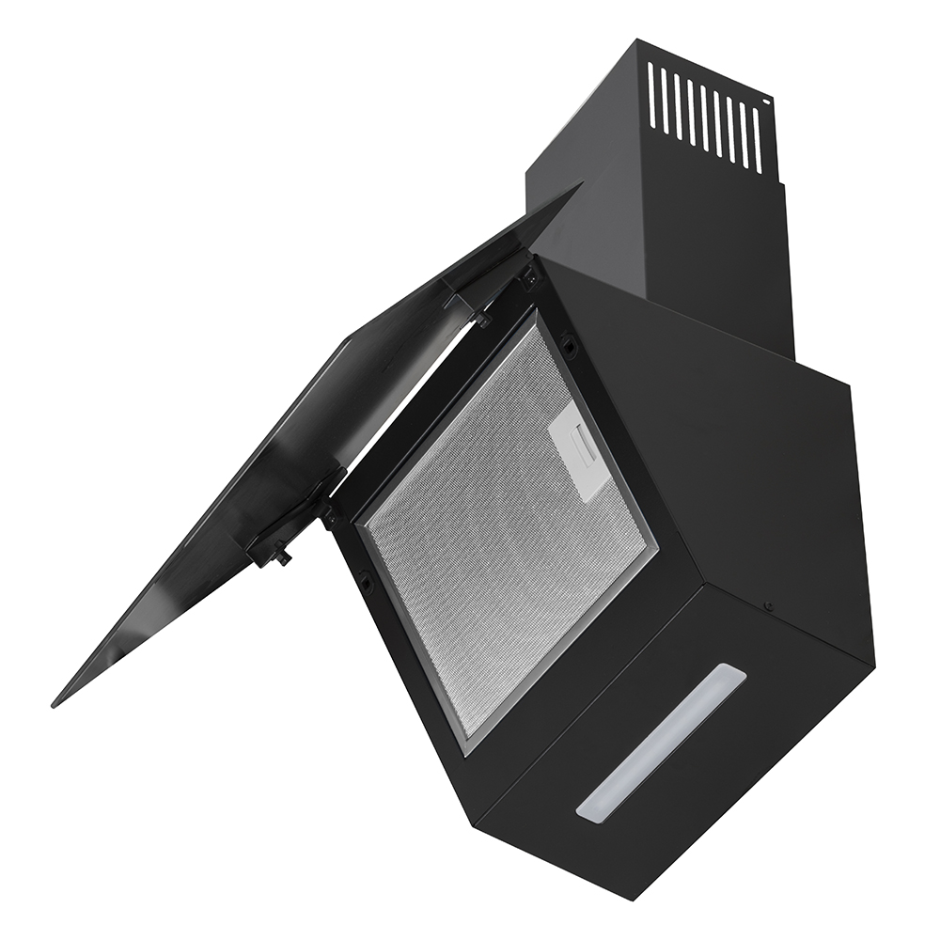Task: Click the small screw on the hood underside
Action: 768,607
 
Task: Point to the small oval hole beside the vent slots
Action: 766,98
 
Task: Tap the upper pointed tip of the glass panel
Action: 580,184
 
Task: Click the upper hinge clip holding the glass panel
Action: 482,319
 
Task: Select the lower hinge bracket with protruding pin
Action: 277,555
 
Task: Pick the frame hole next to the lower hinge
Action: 331,517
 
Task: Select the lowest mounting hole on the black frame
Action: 366,584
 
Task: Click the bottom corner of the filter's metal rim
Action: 467,753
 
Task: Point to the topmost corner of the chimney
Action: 637,39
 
